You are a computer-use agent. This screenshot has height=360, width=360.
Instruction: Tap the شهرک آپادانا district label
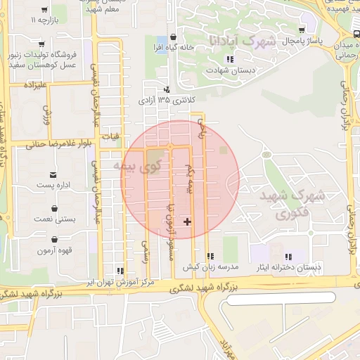point(240,41)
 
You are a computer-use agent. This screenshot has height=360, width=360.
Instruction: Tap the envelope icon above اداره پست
point(54,174)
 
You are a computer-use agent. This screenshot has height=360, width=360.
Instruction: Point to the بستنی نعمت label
point(55,220)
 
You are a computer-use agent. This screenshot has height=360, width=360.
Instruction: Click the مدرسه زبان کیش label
point(211,267)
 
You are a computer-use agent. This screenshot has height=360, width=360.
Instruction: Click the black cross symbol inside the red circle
point(187,221)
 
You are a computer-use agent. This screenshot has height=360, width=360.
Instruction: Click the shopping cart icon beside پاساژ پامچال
point(302,31)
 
